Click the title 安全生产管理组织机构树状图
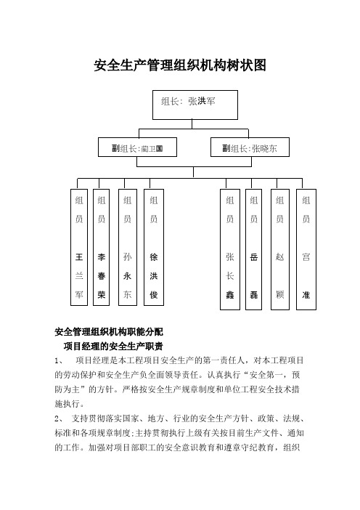[x=180, y=65]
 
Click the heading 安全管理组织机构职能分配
[x=109, y=332]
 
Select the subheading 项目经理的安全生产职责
[x=113, y=346]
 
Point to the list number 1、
[x=60, y=361]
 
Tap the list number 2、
[x=60, y=418]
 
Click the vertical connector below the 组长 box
[x=192, y=124]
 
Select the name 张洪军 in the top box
[x=202, y=102]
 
